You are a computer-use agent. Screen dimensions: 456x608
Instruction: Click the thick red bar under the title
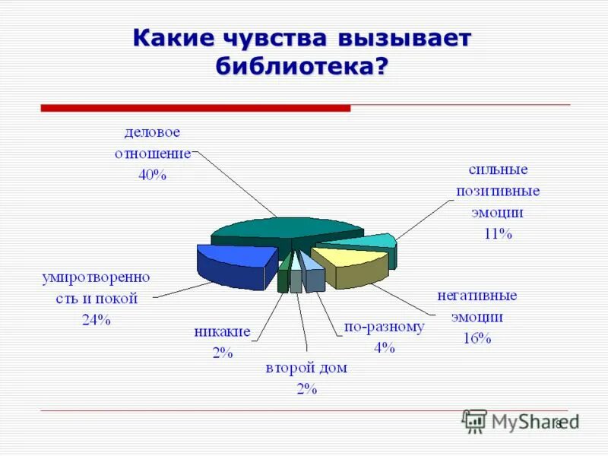(x=195, y=109)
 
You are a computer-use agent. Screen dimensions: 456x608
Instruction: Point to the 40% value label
(x=152, y=174)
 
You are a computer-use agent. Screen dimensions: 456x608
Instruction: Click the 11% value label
(x=498, y=234)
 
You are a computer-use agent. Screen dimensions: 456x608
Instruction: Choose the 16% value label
(x=477, y=338)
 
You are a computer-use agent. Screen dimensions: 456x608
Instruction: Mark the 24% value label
(x=97, y=320)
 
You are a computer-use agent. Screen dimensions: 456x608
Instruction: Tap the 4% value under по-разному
(x=384, y=348)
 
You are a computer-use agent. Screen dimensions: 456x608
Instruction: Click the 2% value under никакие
(x=222, y=353)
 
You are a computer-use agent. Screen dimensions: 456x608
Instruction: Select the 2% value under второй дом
(x=306, y=389)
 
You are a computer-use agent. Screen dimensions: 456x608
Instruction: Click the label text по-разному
(x=384, y=327)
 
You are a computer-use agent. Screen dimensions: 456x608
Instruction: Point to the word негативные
(x=477, y=295)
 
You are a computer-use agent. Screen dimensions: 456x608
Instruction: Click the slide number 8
(x=559, y=423)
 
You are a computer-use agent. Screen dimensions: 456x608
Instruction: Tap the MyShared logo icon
(x=475, y=421)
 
